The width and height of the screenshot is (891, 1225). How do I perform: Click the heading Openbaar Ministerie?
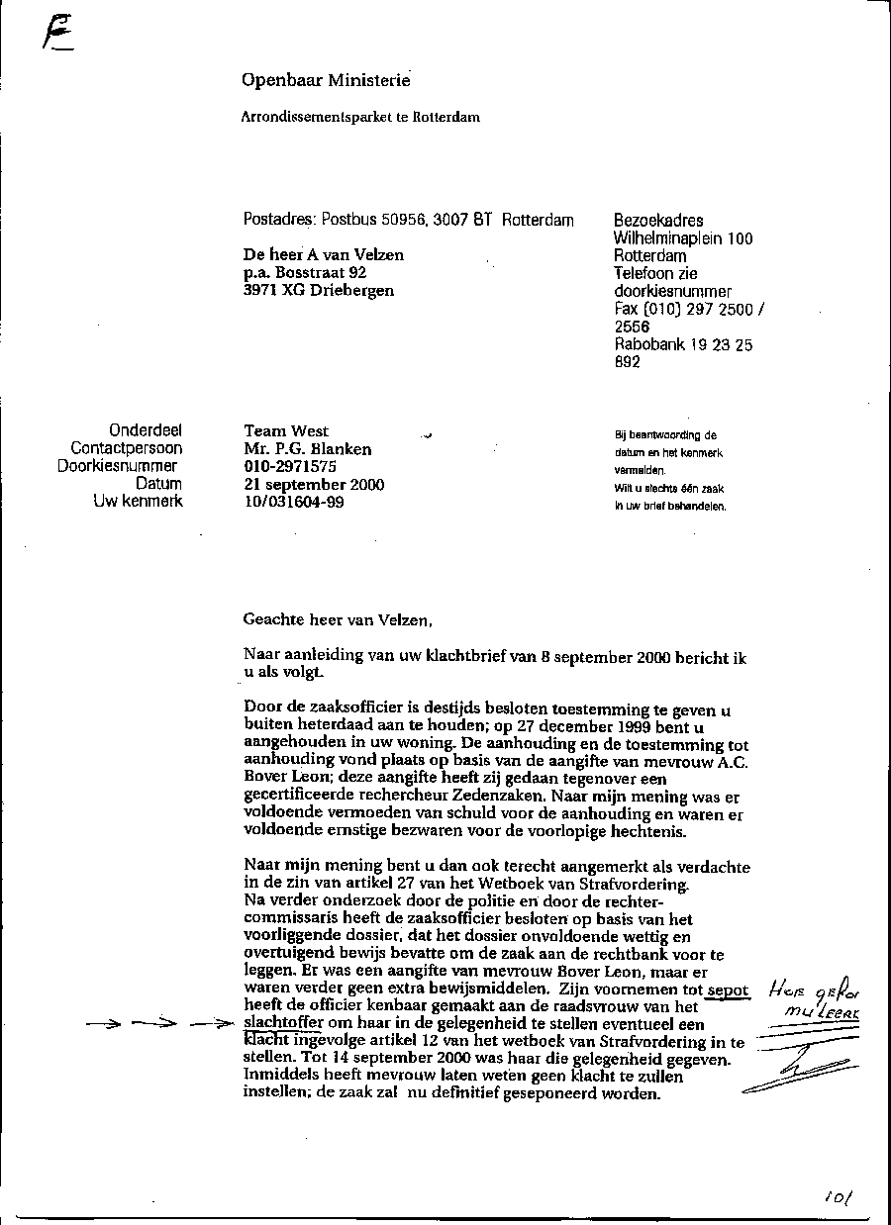(326, 80)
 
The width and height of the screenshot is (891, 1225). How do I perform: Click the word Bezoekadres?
(658, 221)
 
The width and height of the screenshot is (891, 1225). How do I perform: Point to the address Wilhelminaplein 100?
(683, 238)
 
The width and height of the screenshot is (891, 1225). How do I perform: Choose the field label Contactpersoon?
(127, 448)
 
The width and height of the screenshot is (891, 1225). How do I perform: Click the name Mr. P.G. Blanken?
(308, 449)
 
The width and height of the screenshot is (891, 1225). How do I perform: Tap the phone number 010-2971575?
(290, 467)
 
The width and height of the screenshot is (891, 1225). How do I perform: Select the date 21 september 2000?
(314, 485)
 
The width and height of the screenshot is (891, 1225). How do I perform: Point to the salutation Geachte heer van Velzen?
(338, 620)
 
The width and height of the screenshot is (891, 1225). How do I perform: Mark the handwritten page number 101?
(837, 1198)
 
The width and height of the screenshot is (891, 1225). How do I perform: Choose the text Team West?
(286, 430)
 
